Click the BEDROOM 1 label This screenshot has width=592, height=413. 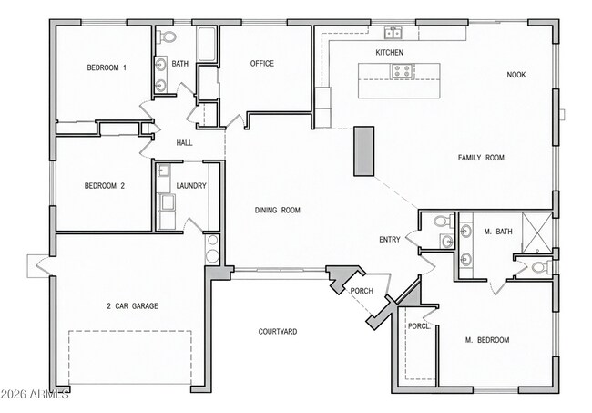(x=107, y=67)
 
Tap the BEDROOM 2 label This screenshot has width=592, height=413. (x=105, y=186)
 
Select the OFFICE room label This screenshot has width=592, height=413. (x=262, y=64)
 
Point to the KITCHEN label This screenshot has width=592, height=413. (x=389, y=54)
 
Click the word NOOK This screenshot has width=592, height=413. (x=516, y=75)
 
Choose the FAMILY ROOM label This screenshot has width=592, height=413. (x=480, y=158)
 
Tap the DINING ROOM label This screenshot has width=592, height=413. (x=277, y=211)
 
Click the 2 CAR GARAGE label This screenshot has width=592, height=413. (x=131, y=306)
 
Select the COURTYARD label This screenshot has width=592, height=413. (x=277, y=332)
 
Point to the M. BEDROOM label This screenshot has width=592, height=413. (x=487, y=340)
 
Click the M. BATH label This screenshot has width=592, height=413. (x=498, y=232)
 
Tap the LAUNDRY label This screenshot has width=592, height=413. (x=191, y=186)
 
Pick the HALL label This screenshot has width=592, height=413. (x=184, y=143)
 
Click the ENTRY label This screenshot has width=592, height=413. (x=389, y=240)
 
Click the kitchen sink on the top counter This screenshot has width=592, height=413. (x=393, y=34)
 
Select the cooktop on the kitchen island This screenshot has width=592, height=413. (x=401, y=70)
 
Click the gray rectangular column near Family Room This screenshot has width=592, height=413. (x=364, y=150)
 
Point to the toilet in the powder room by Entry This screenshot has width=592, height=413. (x=442, y=222)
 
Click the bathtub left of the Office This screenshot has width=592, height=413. (x=207, y=46)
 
